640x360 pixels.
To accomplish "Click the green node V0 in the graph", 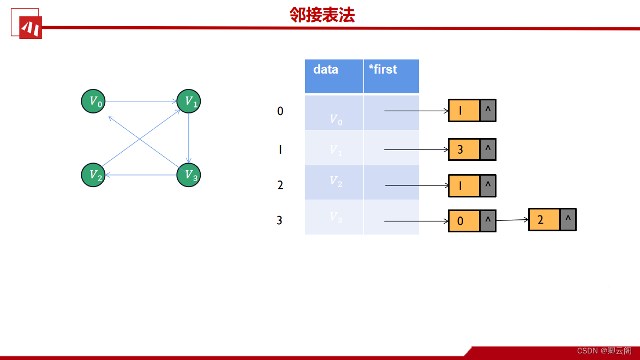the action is coord(93,101).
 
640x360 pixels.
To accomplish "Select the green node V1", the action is coord(189,101).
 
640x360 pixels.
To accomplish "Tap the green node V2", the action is coord(93,175).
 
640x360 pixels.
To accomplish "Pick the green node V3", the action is coord(189,175).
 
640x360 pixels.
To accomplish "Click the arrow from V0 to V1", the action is coord(141,101).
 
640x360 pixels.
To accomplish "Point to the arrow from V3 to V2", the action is coord(141,175).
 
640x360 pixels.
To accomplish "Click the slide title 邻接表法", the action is coord(322,15).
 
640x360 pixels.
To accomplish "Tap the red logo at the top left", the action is coord(30,27).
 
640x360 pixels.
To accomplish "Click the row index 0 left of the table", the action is coord(280,111).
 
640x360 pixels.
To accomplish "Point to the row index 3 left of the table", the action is coord(280,220).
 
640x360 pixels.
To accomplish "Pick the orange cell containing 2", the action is coord(544,220).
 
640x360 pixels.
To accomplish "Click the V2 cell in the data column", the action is coord(334,182).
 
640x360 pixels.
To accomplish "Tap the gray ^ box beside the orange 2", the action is coord(568,220).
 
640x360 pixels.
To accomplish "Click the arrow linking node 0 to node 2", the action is coord(512,220).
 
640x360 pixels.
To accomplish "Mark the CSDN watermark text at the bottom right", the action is coord(604,350).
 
